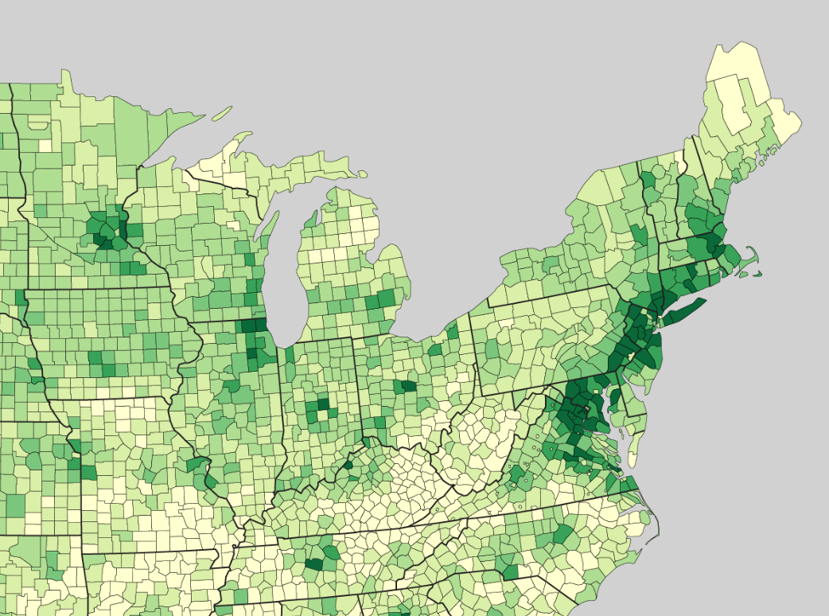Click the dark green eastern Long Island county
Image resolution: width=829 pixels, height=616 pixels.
coord(684,310)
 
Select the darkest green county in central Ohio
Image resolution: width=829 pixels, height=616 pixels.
coord(408,387)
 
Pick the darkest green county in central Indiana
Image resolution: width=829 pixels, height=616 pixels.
coord(323,404)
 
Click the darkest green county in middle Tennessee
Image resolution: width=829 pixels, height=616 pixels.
coord(314,564)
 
